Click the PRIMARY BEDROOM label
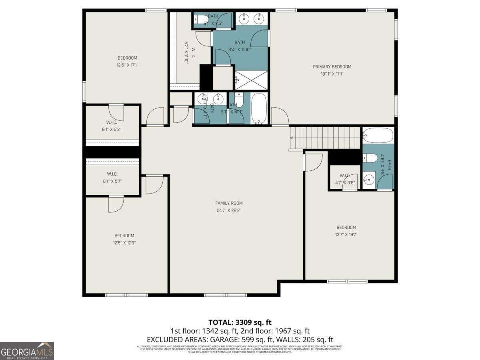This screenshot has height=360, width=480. (x=332, y=67)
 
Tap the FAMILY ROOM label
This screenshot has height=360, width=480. (x=229, y=203)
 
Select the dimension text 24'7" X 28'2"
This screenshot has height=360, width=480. (x=229, y=210)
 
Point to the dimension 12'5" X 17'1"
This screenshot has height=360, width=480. (x=127, y=65)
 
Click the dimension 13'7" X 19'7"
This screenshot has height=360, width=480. (x=346, y=234)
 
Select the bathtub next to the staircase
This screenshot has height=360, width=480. (x=378, y=136)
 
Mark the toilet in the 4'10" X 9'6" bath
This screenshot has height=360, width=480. (x=370, y=158)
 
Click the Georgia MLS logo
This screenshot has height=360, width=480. (x=27, y=351)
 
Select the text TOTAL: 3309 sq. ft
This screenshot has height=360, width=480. (x=240, y=322)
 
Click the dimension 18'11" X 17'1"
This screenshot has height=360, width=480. (x=332, y=74)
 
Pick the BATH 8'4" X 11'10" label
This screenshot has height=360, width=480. (x=240, y=46)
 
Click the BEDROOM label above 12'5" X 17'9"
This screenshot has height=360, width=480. (x=124, y=236)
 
